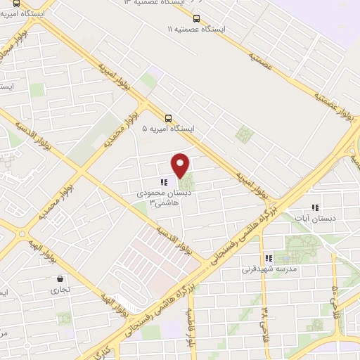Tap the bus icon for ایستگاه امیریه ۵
point(168,118)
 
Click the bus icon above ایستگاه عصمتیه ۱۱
point(195,18)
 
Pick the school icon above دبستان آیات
point(315,207)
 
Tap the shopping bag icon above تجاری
point(55,278)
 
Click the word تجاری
point(55,289)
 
